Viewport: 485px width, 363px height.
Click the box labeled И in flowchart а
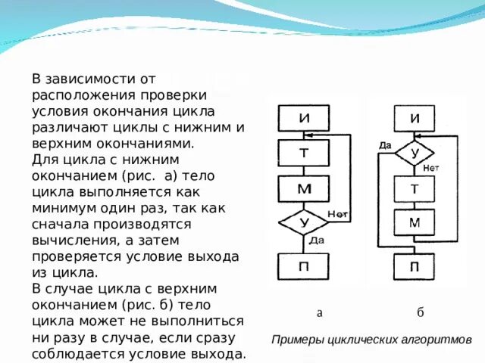click(x=303, y=119)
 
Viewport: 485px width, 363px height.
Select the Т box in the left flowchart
click(x=303, y=153)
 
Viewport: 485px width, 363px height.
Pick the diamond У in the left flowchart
click(x=303, y=223)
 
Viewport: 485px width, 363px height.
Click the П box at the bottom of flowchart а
click(x=303, y=267)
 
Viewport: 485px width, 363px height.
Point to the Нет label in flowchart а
click(x=338, y=214)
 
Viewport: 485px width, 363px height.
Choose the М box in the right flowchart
click(x=415, y=222)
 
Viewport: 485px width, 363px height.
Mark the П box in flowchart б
click(x=415, y=267)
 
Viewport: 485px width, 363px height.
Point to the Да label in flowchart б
click(x=385, y=144)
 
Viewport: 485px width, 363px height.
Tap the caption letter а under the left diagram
click(x=320, y=312)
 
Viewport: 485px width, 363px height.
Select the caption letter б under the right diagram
click(x=420, y=312)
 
